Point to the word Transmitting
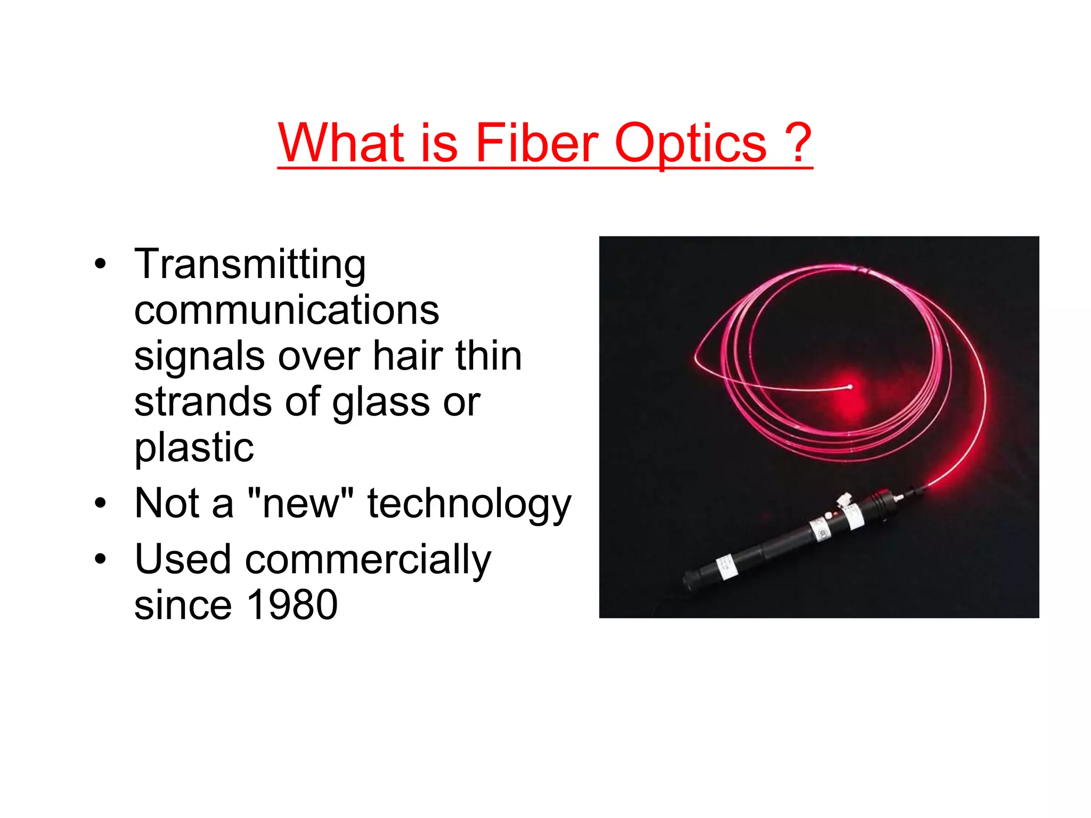coord(250,265)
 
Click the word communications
coord(287,310)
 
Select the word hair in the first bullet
coord(408,356)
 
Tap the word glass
coord(380,403)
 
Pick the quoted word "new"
coord(301,503)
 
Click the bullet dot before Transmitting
coord(100,265)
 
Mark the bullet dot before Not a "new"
coord(100,504)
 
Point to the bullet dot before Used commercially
coord(100,560)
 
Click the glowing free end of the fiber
coord(850,387)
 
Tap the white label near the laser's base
coord(726,567)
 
